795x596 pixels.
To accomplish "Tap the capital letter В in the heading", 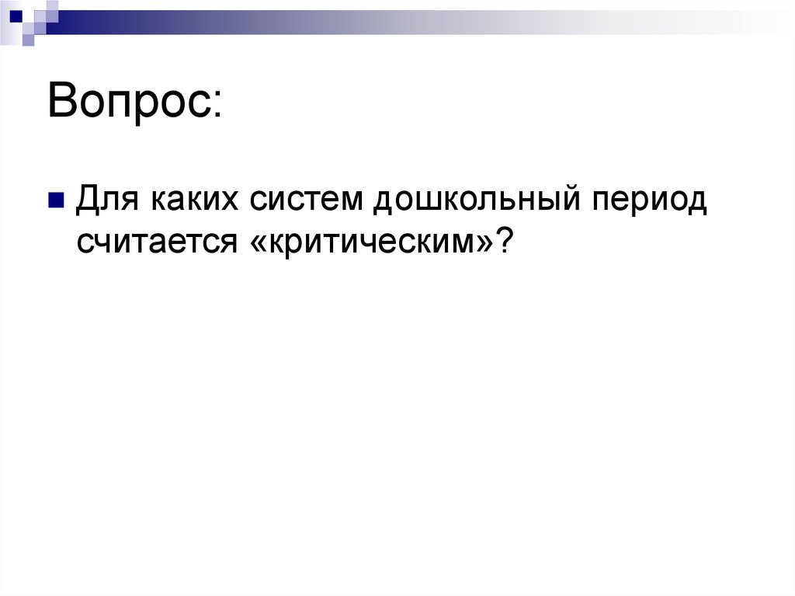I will (62, 102).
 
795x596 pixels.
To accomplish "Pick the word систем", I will (307, 201).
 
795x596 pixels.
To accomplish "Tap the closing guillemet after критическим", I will (486, 244).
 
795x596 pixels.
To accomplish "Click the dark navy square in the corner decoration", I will (16, 14).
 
